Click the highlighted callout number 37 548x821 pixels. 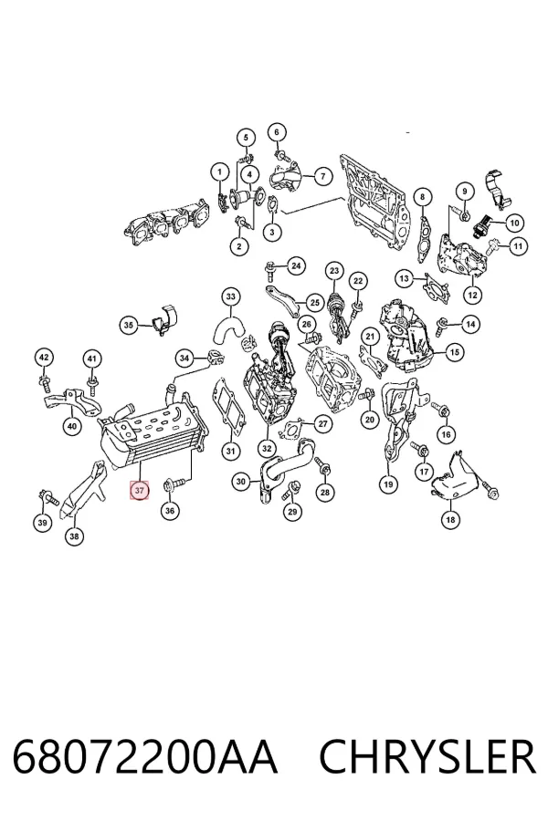click(x=139, y=491)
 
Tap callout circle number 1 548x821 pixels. click(x=220, y=171)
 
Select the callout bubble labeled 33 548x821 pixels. click(x=231, y=296)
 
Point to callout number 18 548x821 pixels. click(x=450, y=519)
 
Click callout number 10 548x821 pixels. click(x=514, y=223)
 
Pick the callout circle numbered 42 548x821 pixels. click(x=44, y=359)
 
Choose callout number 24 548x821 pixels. click(x=296, y=266)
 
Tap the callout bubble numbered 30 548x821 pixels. click(x=241, y=482)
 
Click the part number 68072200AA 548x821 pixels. click(x=144, y=757)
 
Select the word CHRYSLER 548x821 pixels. click(x=427, y=757)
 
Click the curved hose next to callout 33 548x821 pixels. click(x=228, y=328)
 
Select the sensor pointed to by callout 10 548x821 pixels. click(x=483, y=226)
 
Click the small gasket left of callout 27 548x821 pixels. click(x=292, y=429)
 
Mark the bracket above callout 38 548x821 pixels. click(x=83, y=489)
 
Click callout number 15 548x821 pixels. click(x=454, y=352)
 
